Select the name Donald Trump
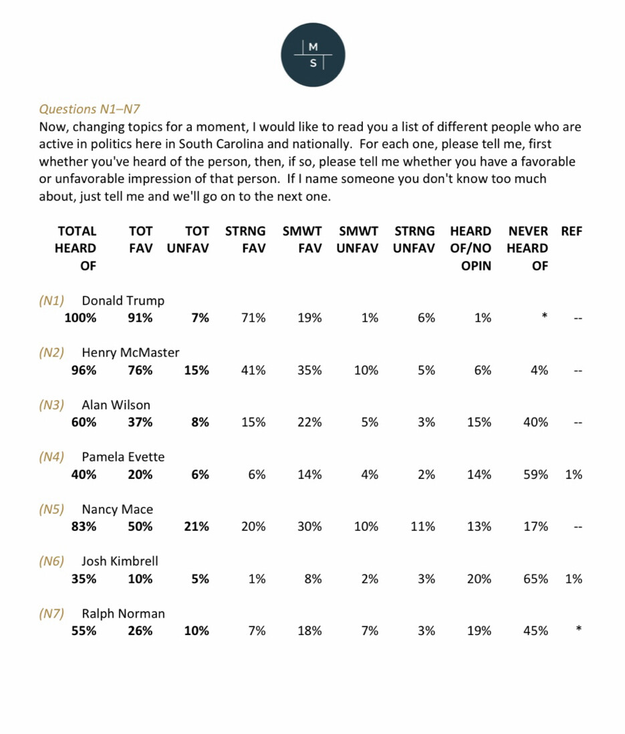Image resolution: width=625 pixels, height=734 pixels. [x=123, y=301]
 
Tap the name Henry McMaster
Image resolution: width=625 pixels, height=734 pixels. [x=130, y=353]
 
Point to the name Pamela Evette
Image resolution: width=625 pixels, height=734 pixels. [x=123, y=457]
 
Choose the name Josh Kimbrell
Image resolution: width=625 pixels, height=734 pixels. [x=120, y=561]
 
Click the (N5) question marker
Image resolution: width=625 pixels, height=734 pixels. [x=51, y=509]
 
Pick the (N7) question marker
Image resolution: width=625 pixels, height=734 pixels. [x=51, y=613]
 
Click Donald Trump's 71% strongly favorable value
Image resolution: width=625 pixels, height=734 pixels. [x=253, y=319]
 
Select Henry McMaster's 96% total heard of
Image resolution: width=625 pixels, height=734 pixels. [x=84, y=371]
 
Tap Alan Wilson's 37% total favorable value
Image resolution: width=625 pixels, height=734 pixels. [x=140, y=423]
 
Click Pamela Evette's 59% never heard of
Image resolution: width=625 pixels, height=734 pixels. [x=535, y=475]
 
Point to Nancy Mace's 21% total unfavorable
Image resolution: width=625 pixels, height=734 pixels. [x=197, y=527]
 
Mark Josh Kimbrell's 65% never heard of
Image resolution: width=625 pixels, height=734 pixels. [x=535, y=579]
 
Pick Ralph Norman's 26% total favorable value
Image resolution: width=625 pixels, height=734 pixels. [x=140, y=631]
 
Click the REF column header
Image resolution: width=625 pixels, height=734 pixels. [x=572, y=231]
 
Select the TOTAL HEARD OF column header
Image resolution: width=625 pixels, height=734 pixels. [x=76, y=248]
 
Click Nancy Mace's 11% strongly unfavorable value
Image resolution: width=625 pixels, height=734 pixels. [x=422, y=527]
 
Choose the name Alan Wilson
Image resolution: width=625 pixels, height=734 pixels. [x=116, y=405]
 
